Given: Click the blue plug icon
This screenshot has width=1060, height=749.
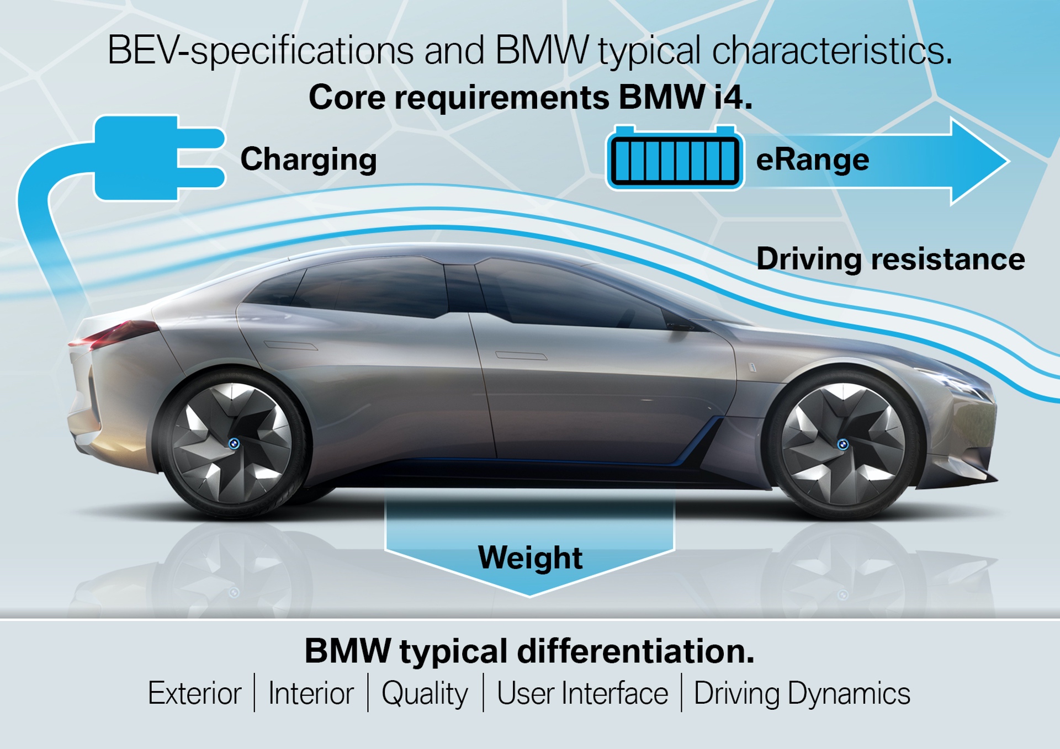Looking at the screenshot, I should pos(149,158).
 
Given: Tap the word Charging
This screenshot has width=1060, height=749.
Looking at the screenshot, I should pos(308,160).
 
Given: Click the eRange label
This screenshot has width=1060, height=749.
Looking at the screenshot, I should pos(812,160).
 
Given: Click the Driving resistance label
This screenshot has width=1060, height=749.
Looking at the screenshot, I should pos(890,259).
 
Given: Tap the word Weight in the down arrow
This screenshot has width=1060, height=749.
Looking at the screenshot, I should pos(529,557).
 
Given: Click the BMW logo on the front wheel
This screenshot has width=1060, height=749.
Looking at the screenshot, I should pos(842,444).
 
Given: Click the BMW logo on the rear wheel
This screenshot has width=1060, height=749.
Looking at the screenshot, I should pos(234,443).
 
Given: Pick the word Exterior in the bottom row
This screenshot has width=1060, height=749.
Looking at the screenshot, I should pos(194,693).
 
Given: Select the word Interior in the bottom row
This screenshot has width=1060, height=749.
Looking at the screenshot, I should pos(311,693).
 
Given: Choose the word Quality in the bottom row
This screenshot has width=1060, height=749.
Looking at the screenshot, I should pos(425,694).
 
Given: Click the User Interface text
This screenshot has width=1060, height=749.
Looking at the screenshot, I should pos(582,693).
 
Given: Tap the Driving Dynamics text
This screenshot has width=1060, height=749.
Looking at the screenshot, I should pos(802,693).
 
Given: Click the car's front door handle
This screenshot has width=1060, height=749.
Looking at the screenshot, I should pos(521,355).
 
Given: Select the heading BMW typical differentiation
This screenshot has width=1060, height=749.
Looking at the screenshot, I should pos(529,651).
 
